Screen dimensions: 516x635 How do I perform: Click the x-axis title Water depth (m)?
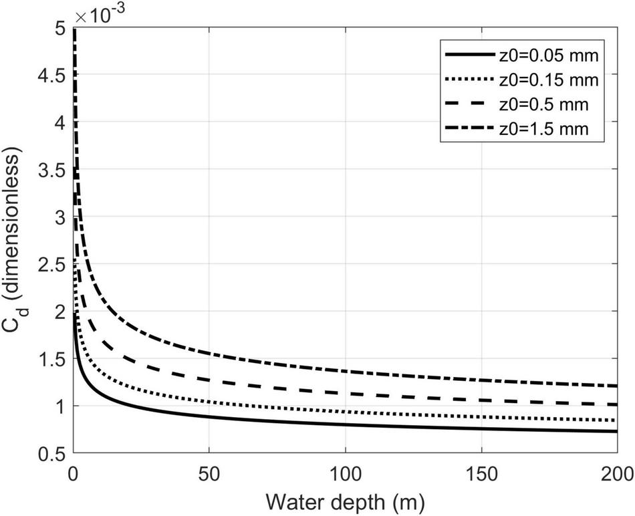[344, 499]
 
